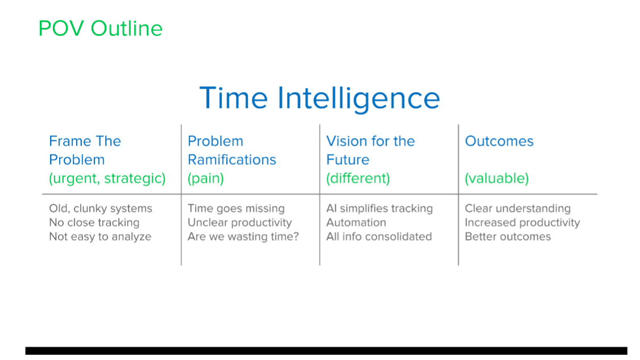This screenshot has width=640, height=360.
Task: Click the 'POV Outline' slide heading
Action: (x=101, y=28)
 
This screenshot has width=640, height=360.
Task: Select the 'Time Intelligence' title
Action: (x=319, y=98)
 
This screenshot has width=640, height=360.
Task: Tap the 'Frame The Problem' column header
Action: (x=85, y=150)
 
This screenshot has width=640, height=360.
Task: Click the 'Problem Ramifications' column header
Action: (x=232, y=150)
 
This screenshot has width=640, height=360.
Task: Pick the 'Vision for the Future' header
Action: (x=371, y=150)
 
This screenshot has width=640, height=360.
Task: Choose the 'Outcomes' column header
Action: (x=499, y=142)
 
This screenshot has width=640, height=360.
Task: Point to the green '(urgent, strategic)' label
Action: (x=107, y=179)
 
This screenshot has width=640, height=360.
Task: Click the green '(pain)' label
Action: (x=206, y=179)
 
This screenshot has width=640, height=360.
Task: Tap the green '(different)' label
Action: (x=358, y=179)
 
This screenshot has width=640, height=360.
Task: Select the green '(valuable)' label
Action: (x=497, y=179)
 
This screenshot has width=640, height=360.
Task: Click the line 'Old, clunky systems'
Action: (x=101, y=209)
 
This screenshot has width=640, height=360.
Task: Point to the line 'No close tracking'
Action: (x=94, y=223)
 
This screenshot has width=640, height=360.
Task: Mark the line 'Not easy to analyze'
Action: (x=100, y=237)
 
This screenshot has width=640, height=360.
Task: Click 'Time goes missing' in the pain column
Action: (x=236, y=209)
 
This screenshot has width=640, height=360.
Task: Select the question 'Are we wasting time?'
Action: (x=243, y=237)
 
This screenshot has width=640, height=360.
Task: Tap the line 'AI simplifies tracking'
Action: (x=380, y=209)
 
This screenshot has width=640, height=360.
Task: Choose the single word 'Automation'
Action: (x=356, y=223)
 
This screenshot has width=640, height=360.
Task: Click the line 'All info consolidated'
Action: (x=379, y=237)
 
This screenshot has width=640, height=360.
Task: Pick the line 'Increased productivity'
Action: (x=522, y=223)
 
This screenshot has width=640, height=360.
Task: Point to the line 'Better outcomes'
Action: (x=508, y=237)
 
